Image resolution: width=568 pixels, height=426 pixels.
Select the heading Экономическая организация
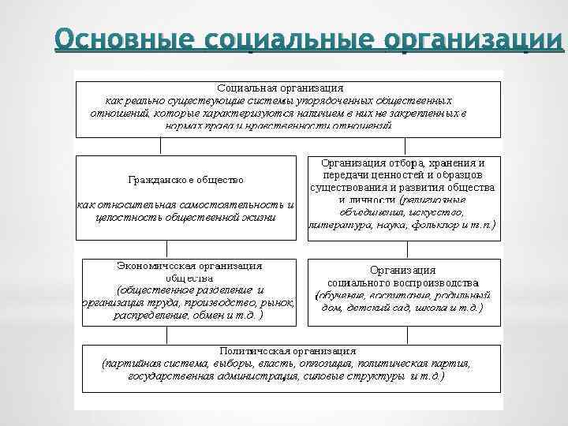pyautogui.click(x=189, y=266)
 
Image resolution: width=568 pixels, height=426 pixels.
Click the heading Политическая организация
pyautogui.click(x=287, y=349)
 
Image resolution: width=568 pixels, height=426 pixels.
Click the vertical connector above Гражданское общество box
pyautogui.click(x=161, y=146)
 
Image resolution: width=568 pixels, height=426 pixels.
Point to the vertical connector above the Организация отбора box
pyautogui.click(x=405, y=146)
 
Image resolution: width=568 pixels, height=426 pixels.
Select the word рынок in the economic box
pyautogui.click(x=278, y=302)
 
